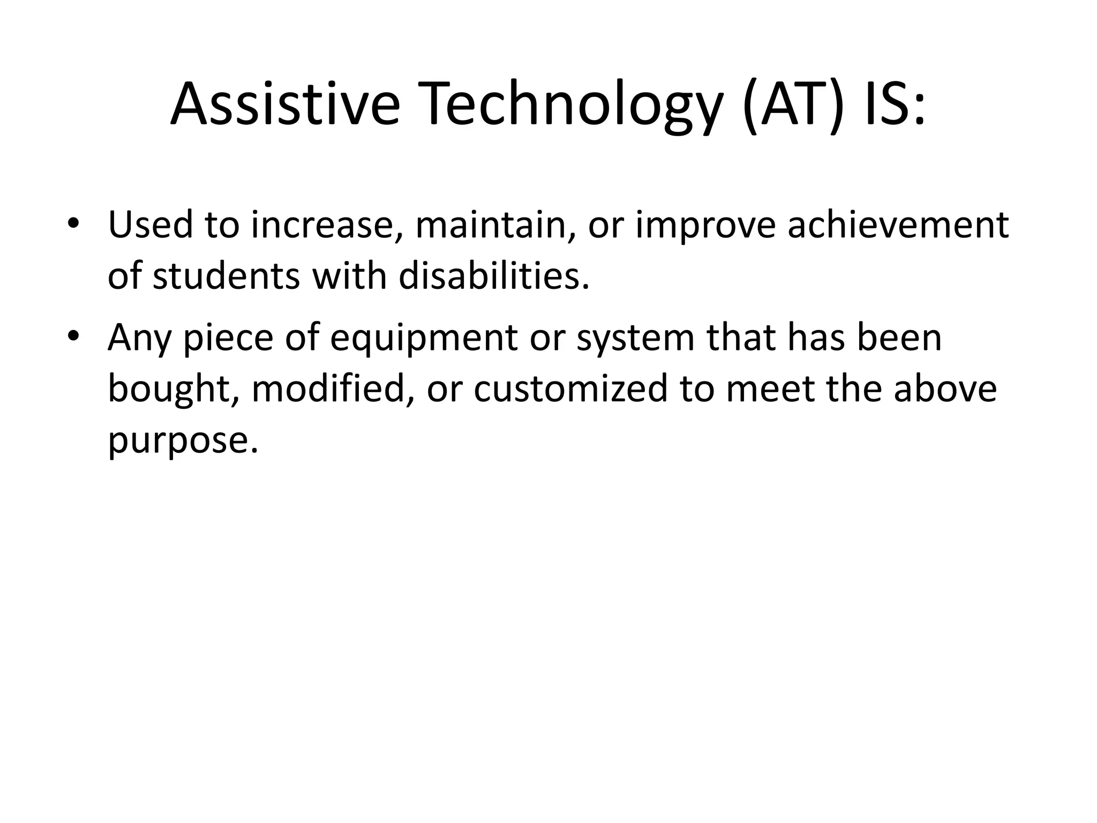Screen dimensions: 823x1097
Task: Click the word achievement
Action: point(898,225)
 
